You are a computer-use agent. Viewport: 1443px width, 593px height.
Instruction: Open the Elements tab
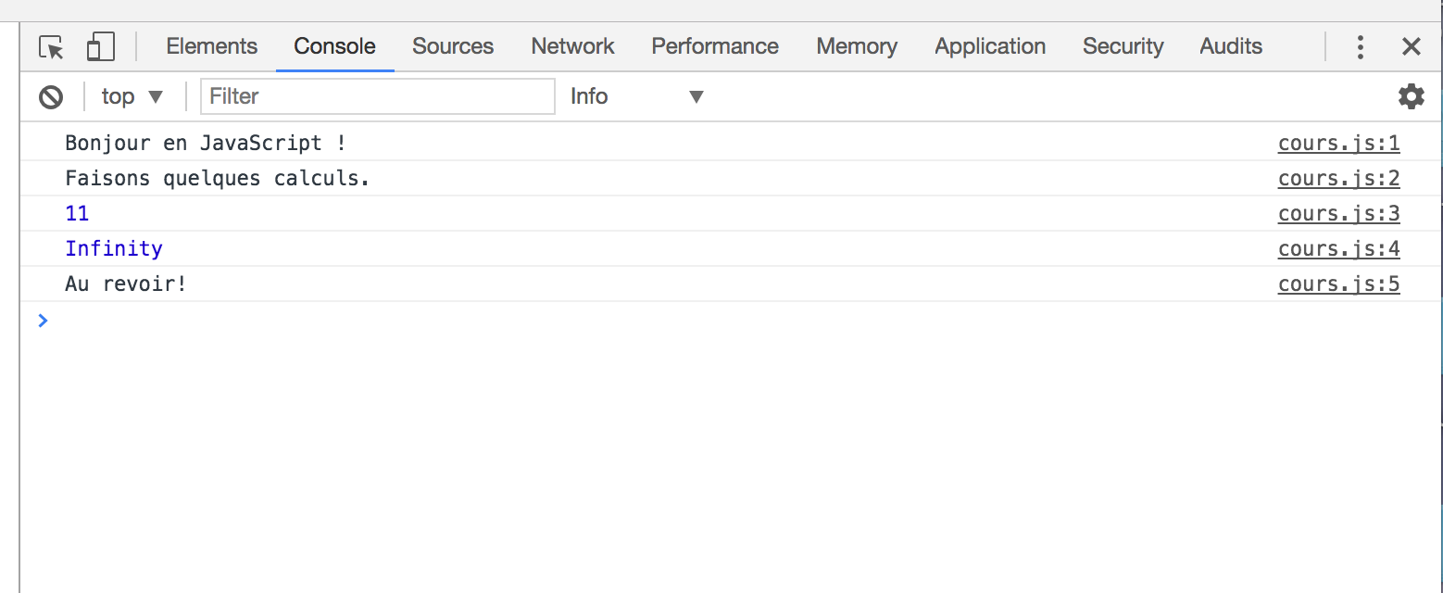211,46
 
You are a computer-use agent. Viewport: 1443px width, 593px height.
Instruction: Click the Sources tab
453,46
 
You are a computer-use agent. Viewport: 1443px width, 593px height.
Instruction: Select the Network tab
572,46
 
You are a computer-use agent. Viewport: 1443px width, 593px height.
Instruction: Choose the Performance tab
715,46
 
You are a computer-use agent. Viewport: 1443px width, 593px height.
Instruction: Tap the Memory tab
857,46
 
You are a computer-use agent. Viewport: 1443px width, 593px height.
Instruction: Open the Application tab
990,46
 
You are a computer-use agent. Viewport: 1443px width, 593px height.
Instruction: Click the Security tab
1123,46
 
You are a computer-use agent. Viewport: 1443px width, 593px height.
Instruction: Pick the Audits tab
1230,46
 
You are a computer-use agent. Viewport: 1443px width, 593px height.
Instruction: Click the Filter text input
378,96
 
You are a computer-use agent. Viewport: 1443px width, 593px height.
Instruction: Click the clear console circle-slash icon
51,97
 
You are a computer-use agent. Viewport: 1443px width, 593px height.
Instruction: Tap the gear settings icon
1411,96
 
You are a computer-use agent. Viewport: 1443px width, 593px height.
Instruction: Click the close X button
1411,46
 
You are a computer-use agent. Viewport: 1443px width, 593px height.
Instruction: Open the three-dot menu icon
1360,47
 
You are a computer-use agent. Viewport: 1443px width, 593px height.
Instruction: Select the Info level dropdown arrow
696,97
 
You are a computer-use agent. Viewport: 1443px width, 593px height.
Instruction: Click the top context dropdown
132,96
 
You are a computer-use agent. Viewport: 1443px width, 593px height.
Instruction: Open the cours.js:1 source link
1338,143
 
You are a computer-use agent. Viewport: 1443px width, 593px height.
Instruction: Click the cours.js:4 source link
1338,249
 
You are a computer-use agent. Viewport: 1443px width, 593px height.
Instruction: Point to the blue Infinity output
114,249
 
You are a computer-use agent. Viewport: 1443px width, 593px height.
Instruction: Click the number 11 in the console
77,213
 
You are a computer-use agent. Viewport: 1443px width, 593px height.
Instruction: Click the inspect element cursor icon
52,47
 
